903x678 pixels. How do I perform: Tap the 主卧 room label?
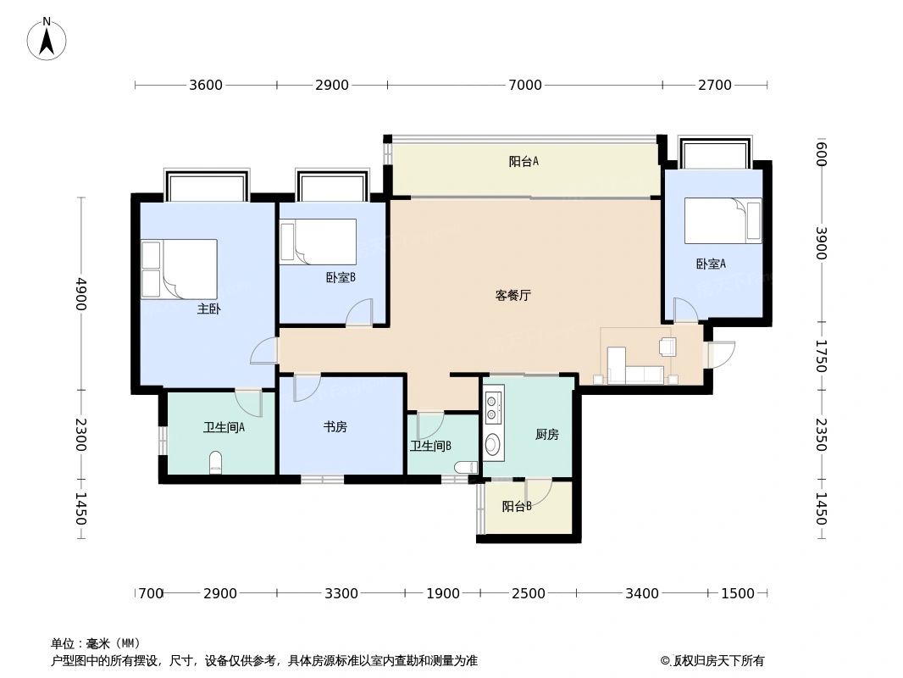point(208,309)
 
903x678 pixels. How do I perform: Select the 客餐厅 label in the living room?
point(512,296)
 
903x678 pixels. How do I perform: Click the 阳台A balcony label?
point(524,161)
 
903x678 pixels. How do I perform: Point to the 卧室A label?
point(711,264)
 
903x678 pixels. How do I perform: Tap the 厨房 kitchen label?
point(546,435)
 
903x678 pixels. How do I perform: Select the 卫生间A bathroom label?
point(224,427)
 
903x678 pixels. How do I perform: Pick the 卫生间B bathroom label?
point(430,446)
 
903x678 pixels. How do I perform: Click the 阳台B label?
point(516,507)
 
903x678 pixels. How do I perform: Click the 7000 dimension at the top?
point(524,85)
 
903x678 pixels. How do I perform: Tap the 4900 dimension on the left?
point(81,293)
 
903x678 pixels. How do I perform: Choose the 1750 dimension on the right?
point(820,355)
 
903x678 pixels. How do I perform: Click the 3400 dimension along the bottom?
point(641,593)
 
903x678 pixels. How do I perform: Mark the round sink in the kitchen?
point(492,443)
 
